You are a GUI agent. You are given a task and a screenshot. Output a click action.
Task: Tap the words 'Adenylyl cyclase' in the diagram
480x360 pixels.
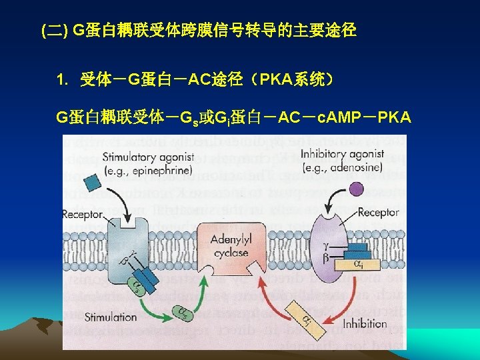(x=230, y=246)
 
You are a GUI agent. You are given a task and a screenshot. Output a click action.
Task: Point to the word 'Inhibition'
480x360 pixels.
(x=363, y=323)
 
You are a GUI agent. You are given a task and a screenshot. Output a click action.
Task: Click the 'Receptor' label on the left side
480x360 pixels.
(x=83, y=214)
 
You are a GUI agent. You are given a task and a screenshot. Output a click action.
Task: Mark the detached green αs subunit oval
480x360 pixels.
(x=182, y=311)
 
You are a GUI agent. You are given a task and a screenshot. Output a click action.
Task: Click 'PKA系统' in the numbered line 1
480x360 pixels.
(x=292, y=81)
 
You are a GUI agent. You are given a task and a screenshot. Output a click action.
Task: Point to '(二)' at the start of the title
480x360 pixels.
(x=53, y=30)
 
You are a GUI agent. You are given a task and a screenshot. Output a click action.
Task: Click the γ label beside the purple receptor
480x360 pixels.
(x=325, y=245)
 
